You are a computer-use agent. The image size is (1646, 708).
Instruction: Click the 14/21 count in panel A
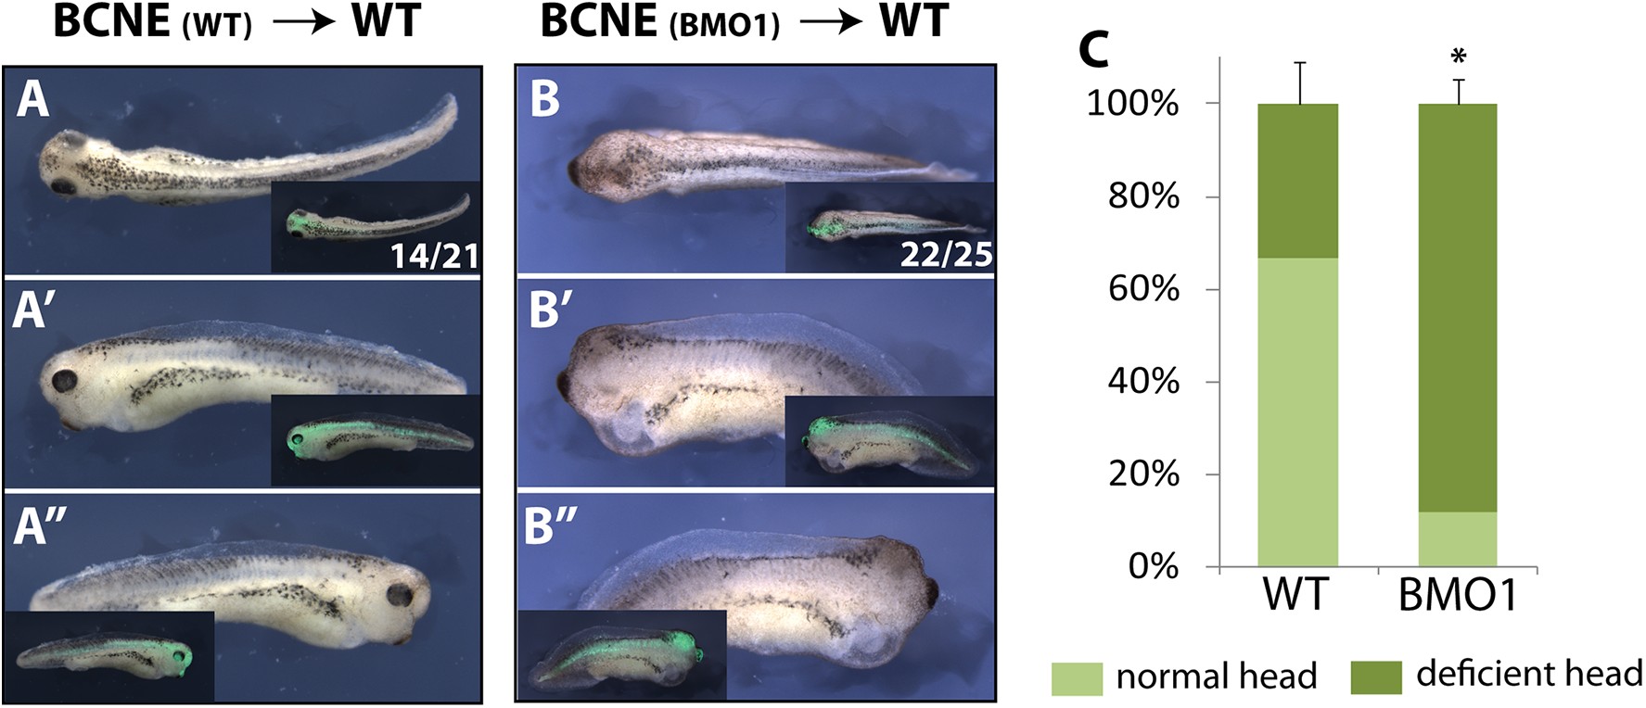[434, 254]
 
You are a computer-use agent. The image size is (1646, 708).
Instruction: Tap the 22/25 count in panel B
[945, 254]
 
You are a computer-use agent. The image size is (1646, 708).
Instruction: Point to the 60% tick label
[1143, 289]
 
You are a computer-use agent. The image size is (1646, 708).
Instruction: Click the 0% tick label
[1153, 566]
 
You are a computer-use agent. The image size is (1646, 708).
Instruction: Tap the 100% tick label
[1132, 104]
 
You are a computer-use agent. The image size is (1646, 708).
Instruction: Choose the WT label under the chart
[1295, 594]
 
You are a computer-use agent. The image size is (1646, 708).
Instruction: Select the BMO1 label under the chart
[1458, 594]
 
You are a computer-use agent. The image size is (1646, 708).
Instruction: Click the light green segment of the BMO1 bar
[1458, 538]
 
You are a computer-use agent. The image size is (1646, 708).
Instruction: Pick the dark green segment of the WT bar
[1297, 181]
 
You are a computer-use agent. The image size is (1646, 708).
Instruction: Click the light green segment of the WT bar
[1297, 412]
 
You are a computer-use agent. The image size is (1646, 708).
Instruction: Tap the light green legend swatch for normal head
[1077, 678]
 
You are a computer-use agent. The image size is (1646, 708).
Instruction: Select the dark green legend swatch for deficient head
[1376, 678]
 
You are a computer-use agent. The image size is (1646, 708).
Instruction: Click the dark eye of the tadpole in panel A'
[66, 381]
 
